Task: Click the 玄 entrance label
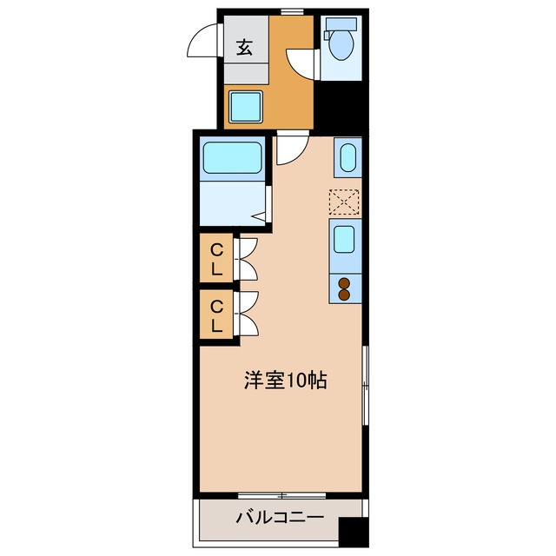(244, 49)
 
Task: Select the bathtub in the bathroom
(233, 158)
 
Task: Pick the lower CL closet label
(217, 315)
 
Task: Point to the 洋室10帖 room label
(285, 380)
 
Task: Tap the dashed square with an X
(345, 202)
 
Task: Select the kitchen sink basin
(345, 238)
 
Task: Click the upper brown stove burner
(344, 281)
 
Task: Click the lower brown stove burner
(344, 295)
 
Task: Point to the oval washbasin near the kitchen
(346, 158)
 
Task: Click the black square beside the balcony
(353, 532)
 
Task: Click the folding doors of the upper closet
(245, 258)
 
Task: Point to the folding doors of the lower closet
(245, 314)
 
